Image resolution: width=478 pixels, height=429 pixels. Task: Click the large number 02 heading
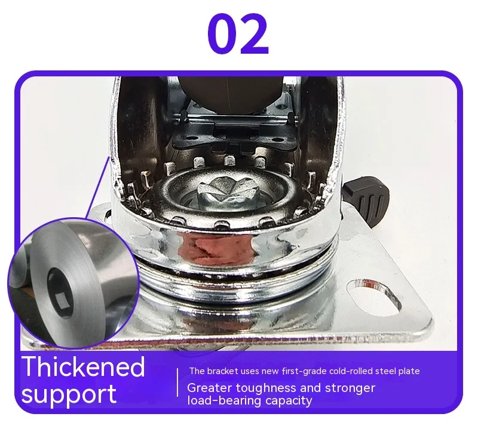click(x=238, y=34)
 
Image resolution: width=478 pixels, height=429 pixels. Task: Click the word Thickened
click(x=83, y=366)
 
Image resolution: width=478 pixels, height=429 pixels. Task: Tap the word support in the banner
click(x=69, y=394)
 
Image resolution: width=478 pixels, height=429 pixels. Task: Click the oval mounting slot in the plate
click(x=375, y=297)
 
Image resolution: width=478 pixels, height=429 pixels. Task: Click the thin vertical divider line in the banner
click(x=177, y=382)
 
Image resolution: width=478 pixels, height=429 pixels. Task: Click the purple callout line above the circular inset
click(x=97, y=187)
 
